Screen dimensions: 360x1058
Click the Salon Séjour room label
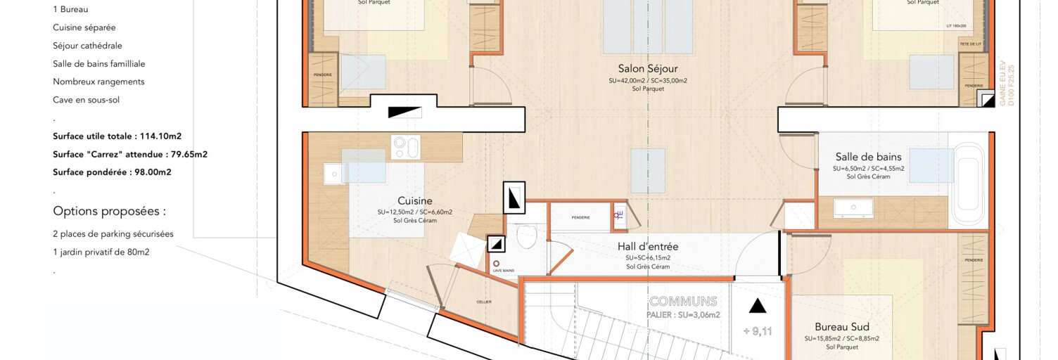pyautogui.click(x=648, y=69)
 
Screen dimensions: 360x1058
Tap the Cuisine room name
pyautogui.click(x=414, y=201)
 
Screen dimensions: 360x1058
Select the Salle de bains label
pyautogui.click(x=868, y=157)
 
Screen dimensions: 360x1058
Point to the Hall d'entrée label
pyautogui.click(x=647, y=247)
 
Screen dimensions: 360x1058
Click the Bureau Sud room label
pyautogui.click(x=841, y=327)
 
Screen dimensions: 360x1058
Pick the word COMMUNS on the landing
pyautogui.click(x=683, y=302)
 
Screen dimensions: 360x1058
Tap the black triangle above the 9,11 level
pyautogui.click(x=757, y=306)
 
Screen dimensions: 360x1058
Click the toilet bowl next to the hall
pyautogui.click(x=526, y=236)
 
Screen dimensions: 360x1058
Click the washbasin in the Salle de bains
pyautogui.click(x=853, y=207)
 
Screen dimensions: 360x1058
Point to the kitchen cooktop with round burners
pyautogui.click(x=406, y=147)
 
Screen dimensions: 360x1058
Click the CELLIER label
pyautogui.click(x=483, y=302)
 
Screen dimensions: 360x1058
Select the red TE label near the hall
pyautogui.click(x=618, y=216)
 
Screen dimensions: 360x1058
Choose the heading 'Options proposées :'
pyautogui.click(x=109, y=211)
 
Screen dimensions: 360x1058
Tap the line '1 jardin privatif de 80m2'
pyautogui.click(x=101, y=252)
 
